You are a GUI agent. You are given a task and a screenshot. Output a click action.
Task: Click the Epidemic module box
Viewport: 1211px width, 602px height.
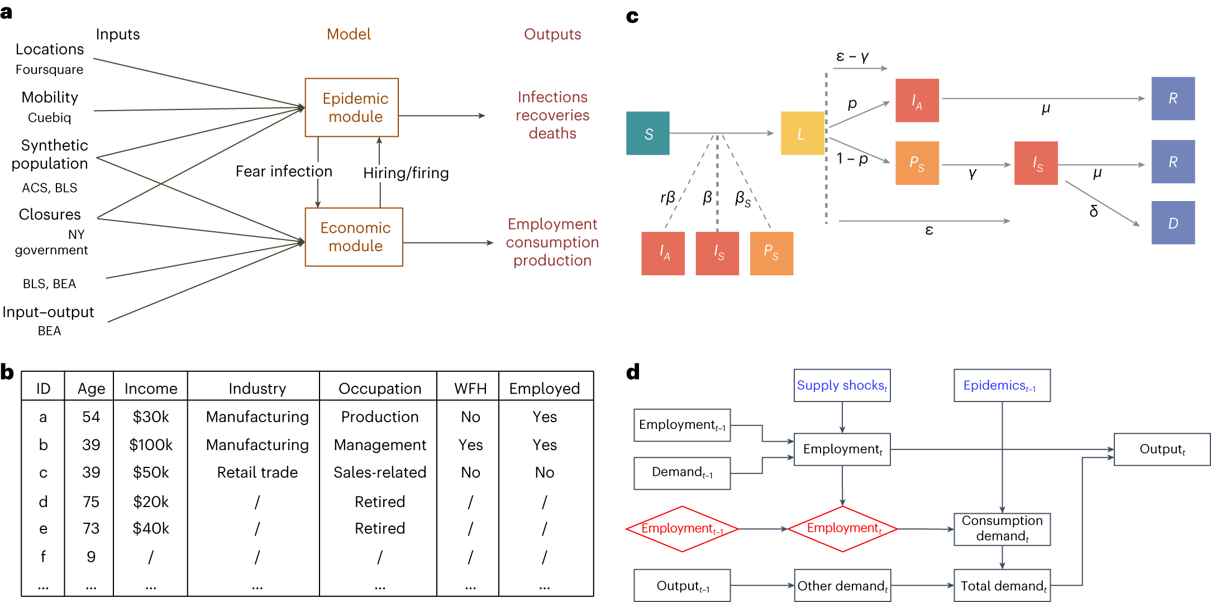tap(351, 107)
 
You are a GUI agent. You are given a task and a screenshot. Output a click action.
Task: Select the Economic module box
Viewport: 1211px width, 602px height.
tap(354, 237)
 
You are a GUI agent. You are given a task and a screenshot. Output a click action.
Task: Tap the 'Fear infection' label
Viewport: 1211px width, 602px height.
tap(284, 171)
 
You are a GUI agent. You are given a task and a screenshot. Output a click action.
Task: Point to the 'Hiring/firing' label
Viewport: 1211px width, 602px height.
tap(406, 173)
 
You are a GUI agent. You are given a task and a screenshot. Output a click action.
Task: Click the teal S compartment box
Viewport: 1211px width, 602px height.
tap(647, 133)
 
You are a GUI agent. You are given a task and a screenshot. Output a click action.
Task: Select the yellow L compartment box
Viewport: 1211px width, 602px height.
tap(802, 133)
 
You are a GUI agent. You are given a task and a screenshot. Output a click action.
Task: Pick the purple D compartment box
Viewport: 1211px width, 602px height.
tap(1172, 223)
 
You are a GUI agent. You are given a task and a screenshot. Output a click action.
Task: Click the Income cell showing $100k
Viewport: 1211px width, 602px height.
tap(151, 445)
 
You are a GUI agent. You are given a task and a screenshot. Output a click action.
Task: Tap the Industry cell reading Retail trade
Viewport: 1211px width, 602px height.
tap(257, 472)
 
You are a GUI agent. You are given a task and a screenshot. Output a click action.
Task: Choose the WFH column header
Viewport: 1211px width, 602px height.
tap(470, 388)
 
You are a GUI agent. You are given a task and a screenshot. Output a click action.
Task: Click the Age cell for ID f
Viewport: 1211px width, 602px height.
tap(91, 557)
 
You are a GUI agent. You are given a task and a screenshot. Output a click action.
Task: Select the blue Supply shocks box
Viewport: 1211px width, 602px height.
tap(842, 385)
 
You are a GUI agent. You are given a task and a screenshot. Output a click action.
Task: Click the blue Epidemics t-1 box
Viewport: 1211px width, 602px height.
tap(1002, 385)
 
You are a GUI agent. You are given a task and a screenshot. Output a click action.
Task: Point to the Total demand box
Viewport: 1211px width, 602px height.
tap(1002, 585)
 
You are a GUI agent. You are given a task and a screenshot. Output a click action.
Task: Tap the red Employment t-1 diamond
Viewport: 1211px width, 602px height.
tap(682, 528)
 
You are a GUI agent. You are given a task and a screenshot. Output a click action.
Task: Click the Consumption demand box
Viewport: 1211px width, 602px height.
tap(1002, 528)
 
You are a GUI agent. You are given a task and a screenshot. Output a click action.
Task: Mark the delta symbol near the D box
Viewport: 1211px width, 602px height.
tap(1094, 211)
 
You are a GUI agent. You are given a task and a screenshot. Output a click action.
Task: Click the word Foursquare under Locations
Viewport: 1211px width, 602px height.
tap(49, 70)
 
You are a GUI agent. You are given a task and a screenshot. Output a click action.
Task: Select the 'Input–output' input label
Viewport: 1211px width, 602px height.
tap(48, 312)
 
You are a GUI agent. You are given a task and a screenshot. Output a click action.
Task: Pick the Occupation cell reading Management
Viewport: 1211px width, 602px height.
tap(380, 445)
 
